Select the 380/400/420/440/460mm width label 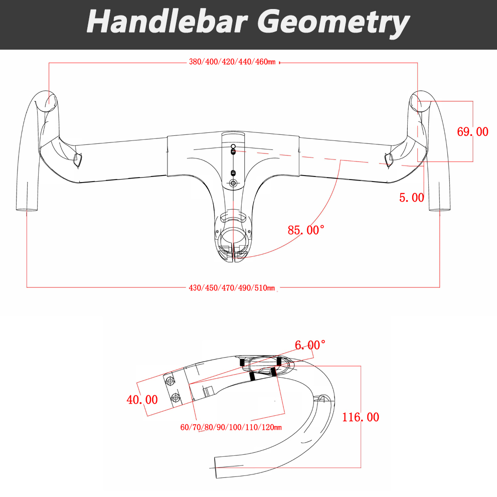232,63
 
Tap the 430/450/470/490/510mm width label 232,288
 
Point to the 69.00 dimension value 472,132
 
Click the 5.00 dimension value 412,198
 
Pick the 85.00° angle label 306,230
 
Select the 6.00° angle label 310,346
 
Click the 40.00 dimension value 142,400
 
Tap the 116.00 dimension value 360,417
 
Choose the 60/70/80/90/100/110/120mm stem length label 231,427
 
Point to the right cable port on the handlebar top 389,159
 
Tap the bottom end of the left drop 27,210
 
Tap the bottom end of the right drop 439,210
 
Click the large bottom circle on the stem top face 233,184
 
